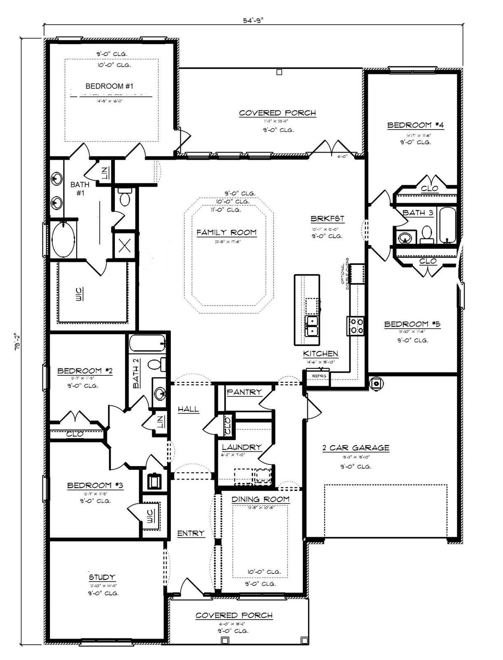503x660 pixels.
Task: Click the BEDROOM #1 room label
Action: click(x=109, y=86)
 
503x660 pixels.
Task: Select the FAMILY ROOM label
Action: click(x=226, y=233)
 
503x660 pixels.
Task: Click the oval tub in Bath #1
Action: click(x=63, y=240)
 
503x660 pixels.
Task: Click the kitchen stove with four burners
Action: click(x=355, y=326)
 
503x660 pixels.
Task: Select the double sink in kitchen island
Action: click(x=311, y=325)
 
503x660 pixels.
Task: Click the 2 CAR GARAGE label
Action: click(x=356, y=448)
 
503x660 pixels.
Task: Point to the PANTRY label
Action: click(x=244, y=392)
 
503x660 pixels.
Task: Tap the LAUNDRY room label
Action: click(x=241, y=447)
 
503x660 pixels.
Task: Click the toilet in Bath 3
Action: click(x=427, y=233)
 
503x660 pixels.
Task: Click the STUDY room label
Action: click(x=102, y=577)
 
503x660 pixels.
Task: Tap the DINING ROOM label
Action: click(x=260, y=499)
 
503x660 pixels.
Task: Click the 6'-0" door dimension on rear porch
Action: click(x=343, y=156)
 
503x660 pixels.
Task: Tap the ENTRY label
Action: click(x=191, y=533)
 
